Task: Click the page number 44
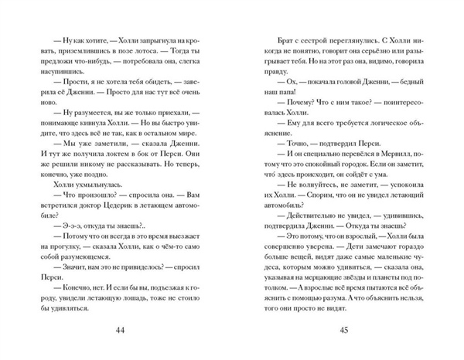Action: tap(118, 331)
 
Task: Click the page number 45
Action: tap(346, 331)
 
